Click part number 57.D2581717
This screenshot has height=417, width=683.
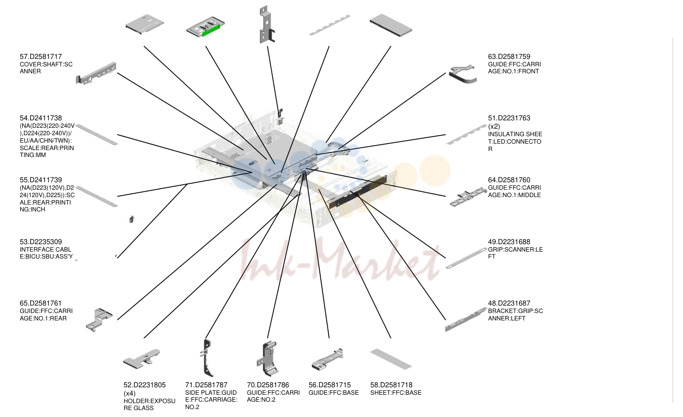(x=41, y=57)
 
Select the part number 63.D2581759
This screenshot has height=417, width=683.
(x=509, y=57)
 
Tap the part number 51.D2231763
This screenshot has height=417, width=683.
(x=509, y=118)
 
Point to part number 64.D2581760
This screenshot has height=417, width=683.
(x=509, y=180)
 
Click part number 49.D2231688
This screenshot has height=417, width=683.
(x=509, y=242)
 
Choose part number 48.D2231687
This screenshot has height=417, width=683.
(x=509, y=303)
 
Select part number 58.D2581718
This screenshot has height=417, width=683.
(x=391, y=385)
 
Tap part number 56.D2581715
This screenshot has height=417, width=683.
(x=330, y=385)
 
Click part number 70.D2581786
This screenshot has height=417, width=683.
(x=268, y=385)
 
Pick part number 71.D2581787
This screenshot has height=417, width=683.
(x=206, y=385)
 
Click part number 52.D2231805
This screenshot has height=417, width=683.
(x=145, y=385)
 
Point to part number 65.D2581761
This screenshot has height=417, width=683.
(x=41, y=303)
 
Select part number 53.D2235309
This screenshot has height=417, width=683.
(x=41, y=242)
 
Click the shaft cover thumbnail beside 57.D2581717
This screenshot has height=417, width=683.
(x=96, y=73)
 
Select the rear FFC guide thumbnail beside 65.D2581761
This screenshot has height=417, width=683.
(x=99, y=320)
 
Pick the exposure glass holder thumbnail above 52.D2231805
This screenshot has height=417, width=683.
(x=141, y=359)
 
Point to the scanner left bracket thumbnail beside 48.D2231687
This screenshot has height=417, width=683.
(x=466, y=319)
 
